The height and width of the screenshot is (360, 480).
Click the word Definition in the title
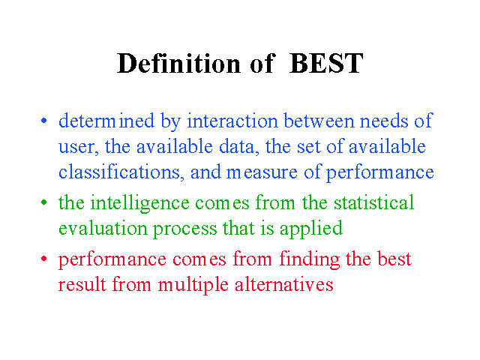pyautogui.click(x=178, y=63)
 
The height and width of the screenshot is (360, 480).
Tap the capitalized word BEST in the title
pyautogui.click(x=326, y=63)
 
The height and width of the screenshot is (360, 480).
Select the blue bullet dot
pyautogui.click(x=44, y=121)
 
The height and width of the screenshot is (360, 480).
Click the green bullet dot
pyautogui.click(x=44, y=202)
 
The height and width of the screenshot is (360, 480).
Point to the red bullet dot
pyautogui.click(x=44, y=259)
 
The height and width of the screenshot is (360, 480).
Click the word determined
pyautogui.click(x=106, y=121)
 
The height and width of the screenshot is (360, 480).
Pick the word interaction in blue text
pyautogui.click(x=232, y=121)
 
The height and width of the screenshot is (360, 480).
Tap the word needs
pyautogui.click(x=384, y=121)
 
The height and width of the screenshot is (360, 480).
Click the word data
pyautogui.click(x=237, y=146)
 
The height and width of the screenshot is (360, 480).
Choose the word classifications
pyautogui.click(x=121, y=172)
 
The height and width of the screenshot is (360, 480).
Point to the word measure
pyautogui.click(x=262, y=172)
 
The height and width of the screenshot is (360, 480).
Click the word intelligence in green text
pyautogui.click(x=140, y=203)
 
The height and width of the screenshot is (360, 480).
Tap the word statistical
pyautogui.click(x=373, y=202)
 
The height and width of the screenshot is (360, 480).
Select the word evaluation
pyautogui.click(x=103, y=228)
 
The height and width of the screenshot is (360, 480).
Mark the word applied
pyautogui.click(x=311, y=229)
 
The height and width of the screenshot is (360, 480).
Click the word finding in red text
pyautogui.click(x=310, y=259)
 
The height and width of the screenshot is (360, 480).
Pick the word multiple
pyautogui.click(x=193, y=285)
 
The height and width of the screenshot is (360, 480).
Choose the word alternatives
pyautogui.click(x=283, y=284)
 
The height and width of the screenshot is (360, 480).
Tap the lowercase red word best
pyautogui.click(x=394, y=259)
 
